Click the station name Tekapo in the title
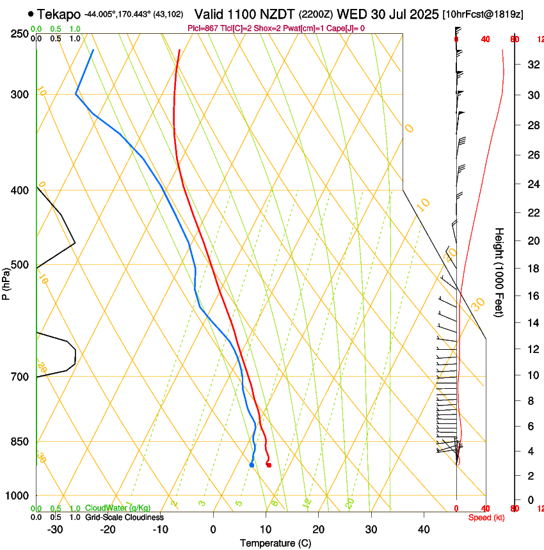tap(59, 14)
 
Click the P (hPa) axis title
tap(6, 281)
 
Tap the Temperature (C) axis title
tap(275, 543)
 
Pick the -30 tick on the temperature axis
tap(55, 530)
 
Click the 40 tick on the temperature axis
tap(424, 530)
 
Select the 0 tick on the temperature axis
tap(213, 530)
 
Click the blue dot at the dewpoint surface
tap(252, 465)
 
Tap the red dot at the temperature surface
tap(269, 465)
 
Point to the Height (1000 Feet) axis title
tap(499, 272)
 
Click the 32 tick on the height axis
tap(532, 65)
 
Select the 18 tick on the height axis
tap(532, 269)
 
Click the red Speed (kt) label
tap(486, 517)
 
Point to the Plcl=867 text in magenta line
tap(203, 28)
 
